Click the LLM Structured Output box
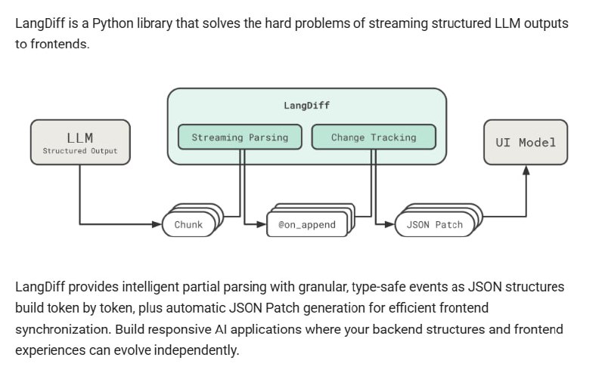pos(79,142)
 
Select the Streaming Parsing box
pos(240,137)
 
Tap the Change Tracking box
pos(374,137)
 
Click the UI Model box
pos(526,142)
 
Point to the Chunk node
pos(188,224)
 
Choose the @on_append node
pos(306,224)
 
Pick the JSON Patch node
pos(434,224)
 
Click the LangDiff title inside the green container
pos(306,105)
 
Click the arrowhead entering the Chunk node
pos(158,224)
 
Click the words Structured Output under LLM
pos(79,151)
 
